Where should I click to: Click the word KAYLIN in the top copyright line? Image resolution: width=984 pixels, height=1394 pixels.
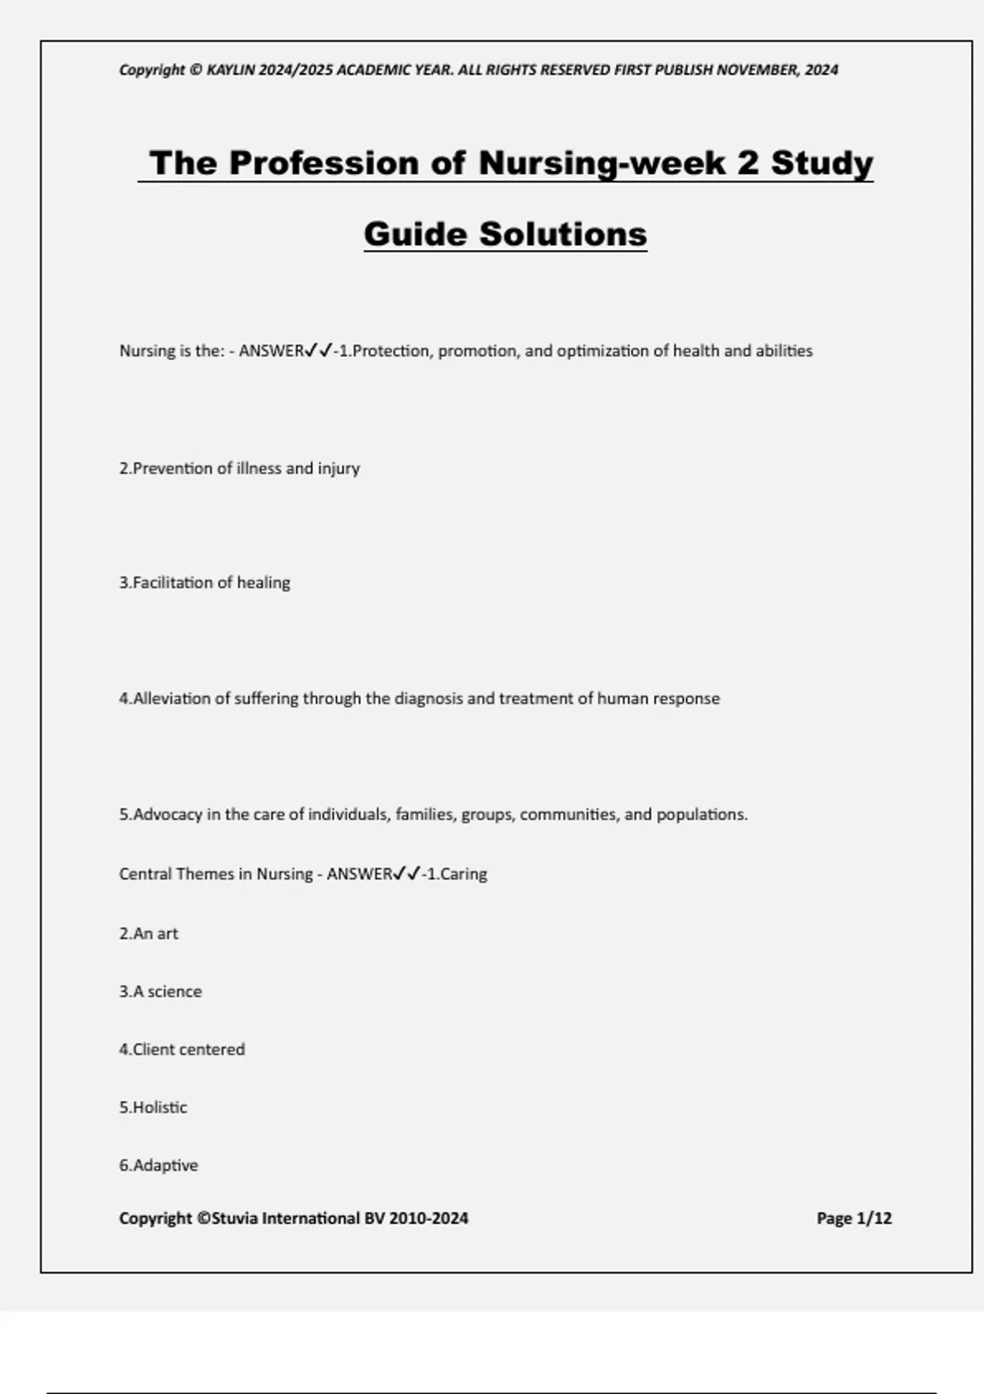click(230, 71)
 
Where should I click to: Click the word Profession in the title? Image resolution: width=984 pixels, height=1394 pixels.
click(325, 162)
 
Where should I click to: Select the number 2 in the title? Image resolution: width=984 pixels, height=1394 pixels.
click(748, 162)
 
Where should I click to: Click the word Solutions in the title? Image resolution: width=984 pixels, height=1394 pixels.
click(563, 234)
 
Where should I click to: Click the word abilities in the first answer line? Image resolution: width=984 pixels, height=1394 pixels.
click(784, 351)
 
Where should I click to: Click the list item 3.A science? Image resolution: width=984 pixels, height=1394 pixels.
click(161, 991)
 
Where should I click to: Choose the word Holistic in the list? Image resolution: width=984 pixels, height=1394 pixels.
click(160, 1108)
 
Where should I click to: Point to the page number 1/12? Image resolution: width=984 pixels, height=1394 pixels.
click(873, 1219)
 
